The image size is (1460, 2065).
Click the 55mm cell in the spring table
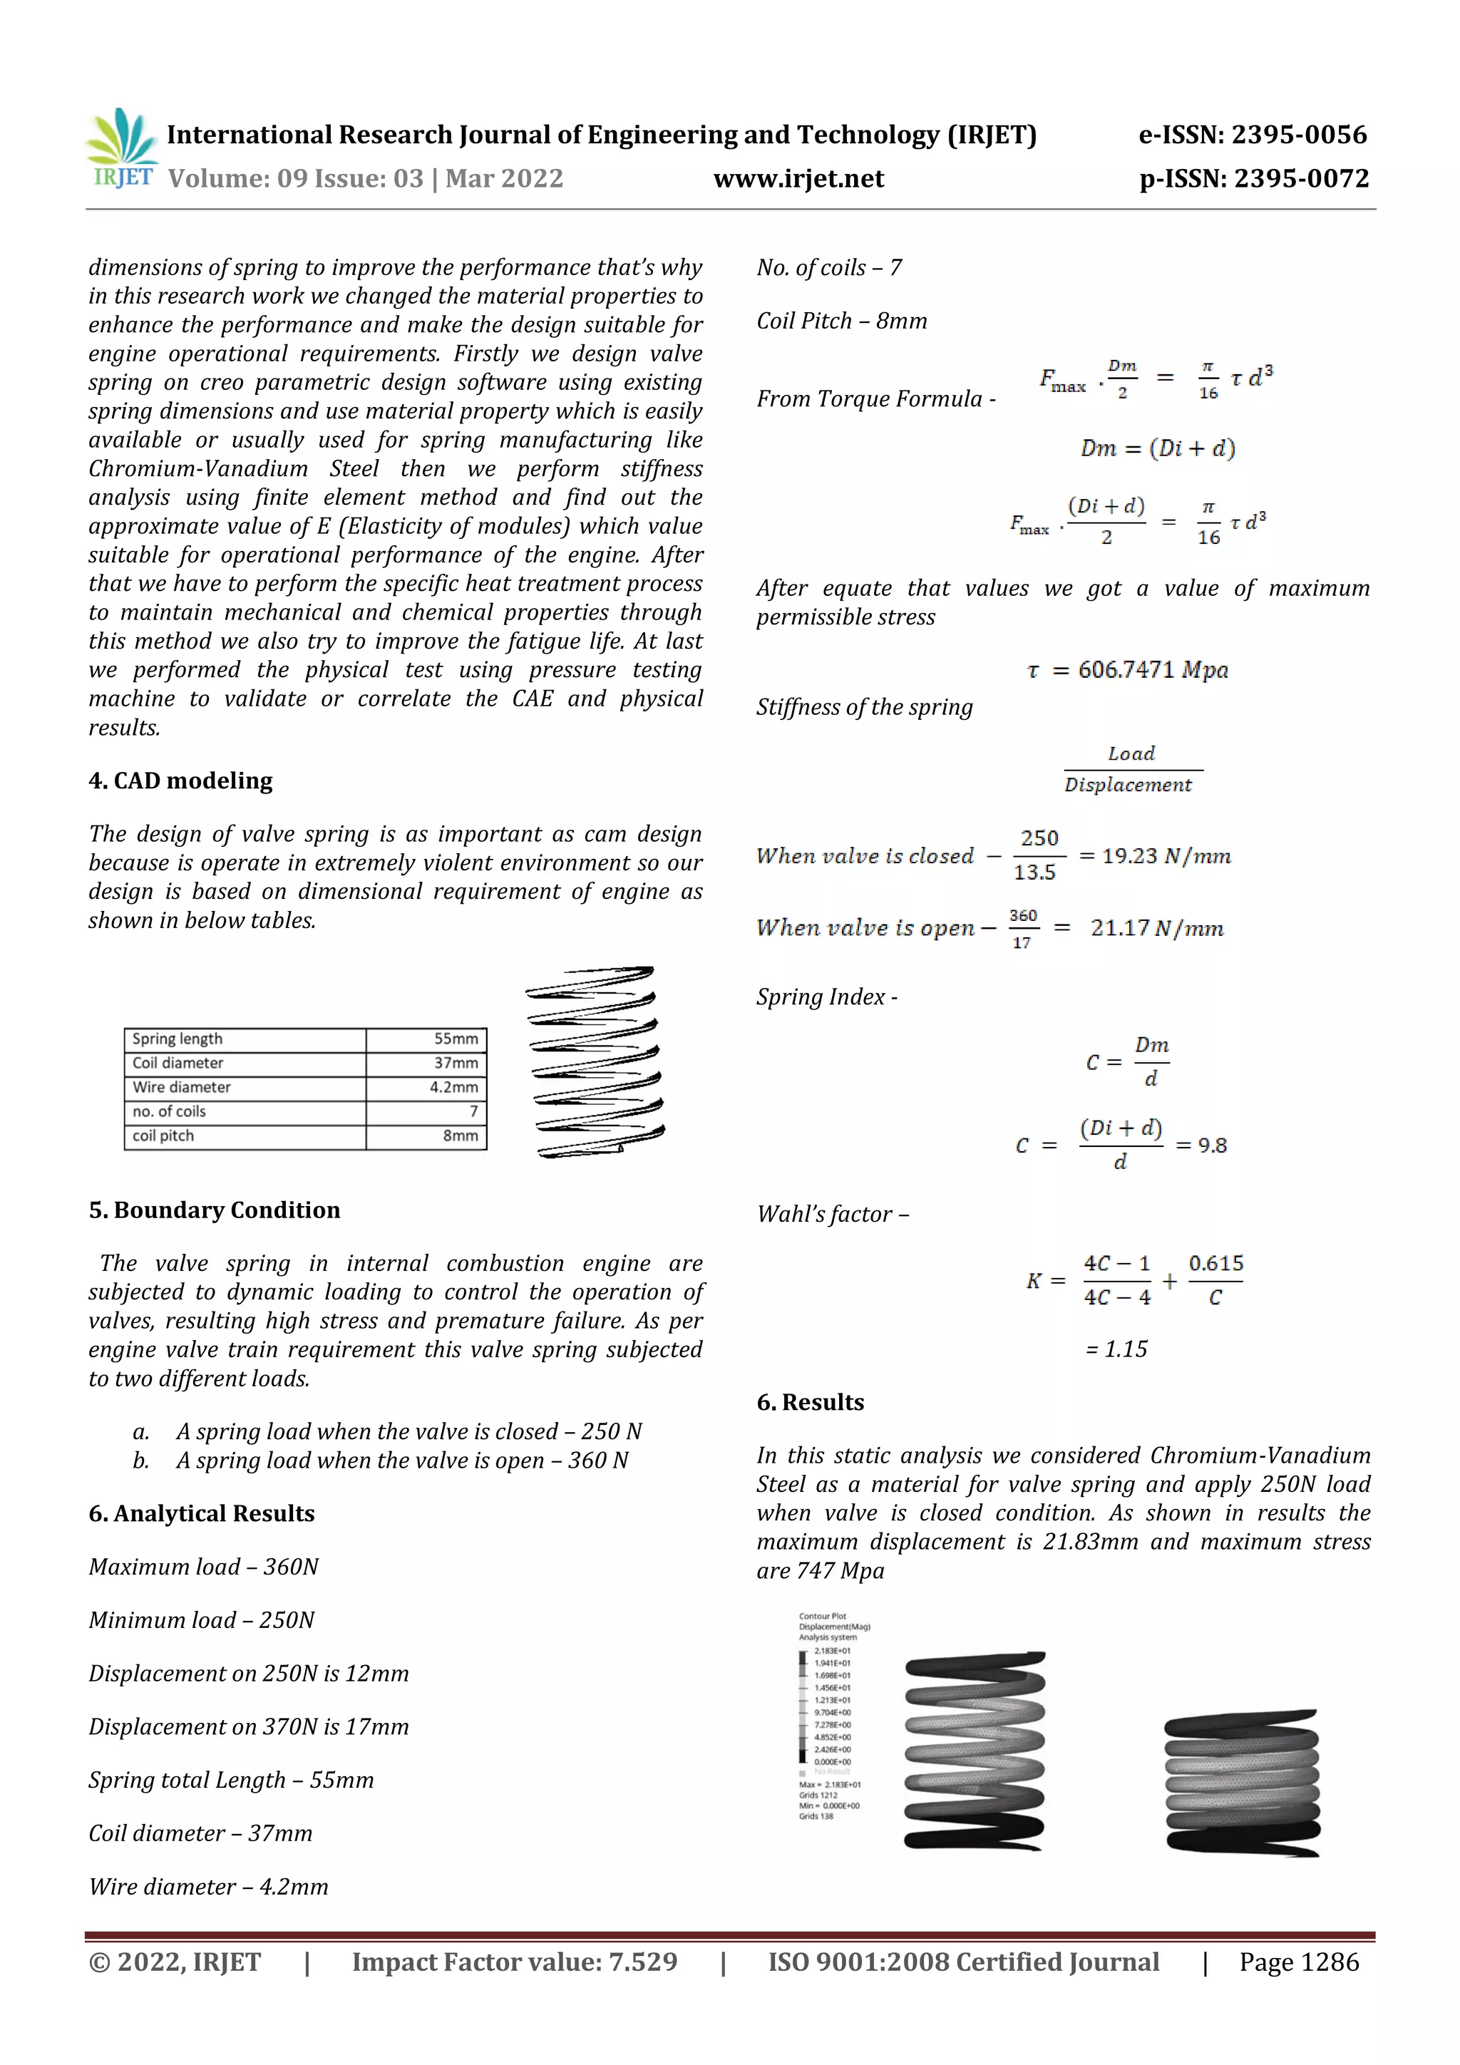click(456, 1039)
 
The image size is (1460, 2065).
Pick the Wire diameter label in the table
click(182, 1087)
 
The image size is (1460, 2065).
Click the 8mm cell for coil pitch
click(460, 1136)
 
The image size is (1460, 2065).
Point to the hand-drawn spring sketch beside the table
click(595, 1062)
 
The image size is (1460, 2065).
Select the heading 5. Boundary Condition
click(214, 1210)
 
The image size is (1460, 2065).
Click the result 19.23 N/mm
click(1166, 856)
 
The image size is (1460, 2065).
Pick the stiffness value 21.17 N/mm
click(1157, 928)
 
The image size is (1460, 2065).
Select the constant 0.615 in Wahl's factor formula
click(1215, 1264)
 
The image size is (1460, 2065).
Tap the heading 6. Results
click(810, 1402)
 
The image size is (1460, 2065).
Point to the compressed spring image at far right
click(1241, 1783)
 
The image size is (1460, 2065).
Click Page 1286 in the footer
click(1298, 1962)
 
